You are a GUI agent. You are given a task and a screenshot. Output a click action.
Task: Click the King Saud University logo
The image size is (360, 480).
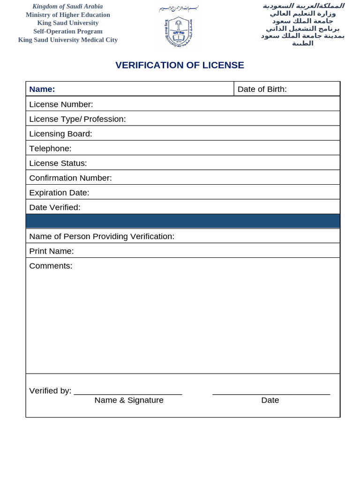(180, 32)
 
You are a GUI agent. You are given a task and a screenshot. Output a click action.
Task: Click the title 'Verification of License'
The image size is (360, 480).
(180, 65)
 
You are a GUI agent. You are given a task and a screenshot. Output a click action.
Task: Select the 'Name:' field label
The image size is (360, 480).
(42, 89)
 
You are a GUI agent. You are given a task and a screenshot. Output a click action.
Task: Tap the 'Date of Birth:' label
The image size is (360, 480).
(262, 89)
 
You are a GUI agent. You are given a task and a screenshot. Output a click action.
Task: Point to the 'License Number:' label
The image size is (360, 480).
(61, 104)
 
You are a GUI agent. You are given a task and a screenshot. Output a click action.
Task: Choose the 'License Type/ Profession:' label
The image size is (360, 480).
(77, 119)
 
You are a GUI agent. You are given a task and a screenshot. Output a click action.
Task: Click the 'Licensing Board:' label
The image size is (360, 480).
(60, 134)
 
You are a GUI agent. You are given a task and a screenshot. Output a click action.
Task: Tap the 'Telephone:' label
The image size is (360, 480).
(50, 149)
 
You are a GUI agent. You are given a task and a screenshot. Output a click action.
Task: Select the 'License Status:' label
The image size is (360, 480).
(58, 163)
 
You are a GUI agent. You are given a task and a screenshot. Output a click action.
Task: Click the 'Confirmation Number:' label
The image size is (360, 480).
(70, 178)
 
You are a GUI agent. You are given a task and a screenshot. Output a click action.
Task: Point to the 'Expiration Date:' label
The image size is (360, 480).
(59, 193)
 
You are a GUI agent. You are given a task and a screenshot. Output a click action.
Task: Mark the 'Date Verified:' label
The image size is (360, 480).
(55, 207)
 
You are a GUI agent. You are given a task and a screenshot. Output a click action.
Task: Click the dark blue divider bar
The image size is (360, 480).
(183, 221)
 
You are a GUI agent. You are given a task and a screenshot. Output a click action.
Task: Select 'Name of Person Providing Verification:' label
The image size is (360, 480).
(102, 236)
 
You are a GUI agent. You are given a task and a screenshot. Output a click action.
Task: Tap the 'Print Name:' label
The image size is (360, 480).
(52, 251)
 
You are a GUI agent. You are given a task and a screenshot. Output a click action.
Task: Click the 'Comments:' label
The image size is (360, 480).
(51, 266)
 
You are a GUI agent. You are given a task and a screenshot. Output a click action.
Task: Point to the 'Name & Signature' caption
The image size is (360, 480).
(129, 400)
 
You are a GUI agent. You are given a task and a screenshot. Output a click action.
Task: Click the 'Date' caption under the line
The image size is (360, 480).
(270, 400)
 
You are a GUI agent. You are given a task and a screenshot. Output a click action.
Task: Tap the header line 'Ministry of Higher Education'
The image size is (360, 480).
(68, 15)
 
